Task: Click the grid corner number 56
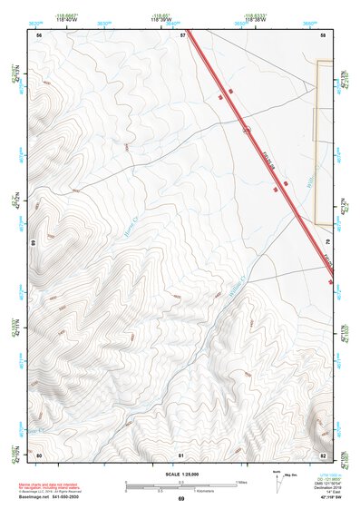click(39, 34)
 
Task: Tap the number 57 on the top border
click(182, 34)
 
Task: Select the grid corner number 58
click(324, 34)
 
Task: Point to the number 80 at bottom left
click(39, 454)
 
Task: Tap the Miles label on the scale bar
click(240, 482)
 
